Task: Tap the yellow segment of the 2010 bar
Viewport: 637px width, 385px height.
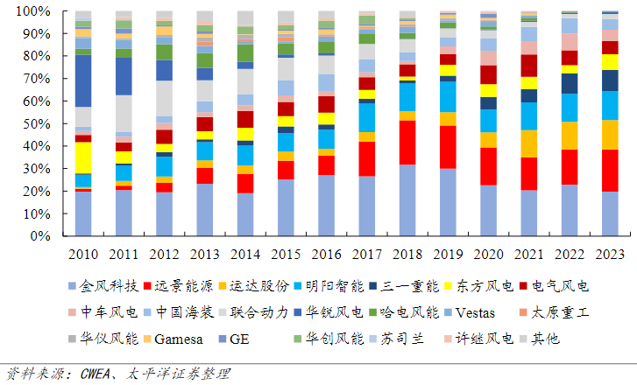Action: (x=83, y=157)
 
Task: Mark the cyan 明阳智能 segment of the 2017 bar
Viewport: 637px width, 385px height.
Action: (x=366, y=117)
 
